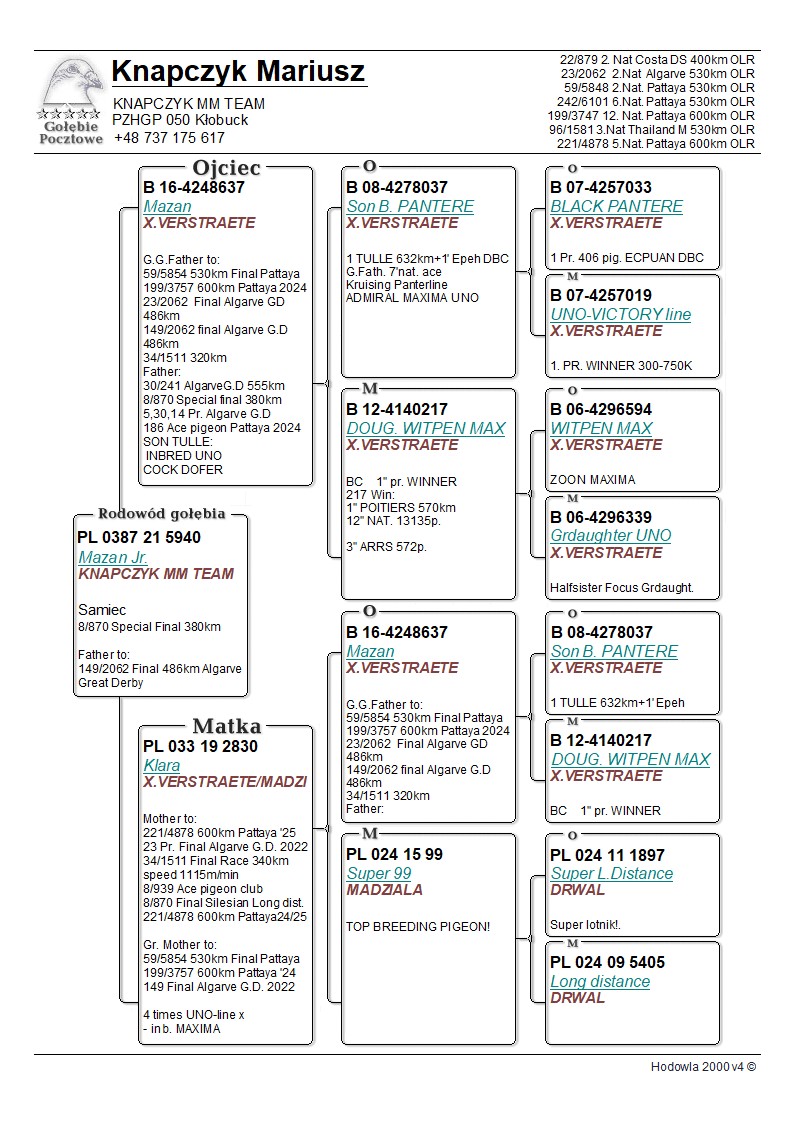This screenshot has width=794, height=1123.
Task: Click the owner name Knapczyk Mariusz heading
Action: (x=238, y=72)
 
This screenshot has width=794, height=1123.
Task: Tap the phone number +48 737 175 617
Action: (x=169, y=138)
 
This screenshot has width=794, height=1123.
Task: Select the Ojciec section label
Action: (x=226, y=168)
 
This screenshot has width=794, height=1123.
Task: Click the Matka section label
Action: (x=226, y=726)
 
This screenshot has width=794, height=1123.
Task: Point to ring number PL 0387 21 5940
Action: (x=139, y=538)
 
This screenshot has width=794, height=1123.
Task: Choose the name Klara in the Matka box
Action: (x=162, y=765)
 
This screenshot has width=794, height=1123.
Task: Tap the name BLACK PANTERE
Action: (x=616, y=206)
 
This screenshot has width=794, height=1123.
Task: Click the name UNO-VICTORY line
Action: (x=620, y=314)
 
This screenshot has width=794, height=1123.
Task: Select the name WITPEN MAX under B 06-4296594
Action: (x=601, y=428)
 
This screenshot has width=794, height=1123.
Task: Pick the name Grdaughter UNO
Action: (x=610, y=535)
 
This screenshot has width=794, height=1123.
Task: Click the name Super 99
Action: (x=371, y=873)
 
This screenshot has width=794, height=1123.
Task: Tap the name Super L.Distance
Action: (x=611, y=873)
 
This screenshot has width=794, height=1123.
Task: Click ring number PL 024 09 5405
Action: (x=608, y=963)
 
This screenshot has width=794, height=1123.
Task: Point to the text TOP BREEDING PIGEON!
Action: (x=418, y=927)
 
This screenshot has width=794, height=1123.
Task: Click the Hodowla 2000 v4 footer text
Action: (x=703, y=1067)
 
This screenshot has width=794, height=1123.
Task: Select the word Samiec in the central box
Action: (x=101, y=609)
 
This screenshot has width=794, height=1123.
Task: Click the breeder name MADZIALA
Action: (x=385, y=890)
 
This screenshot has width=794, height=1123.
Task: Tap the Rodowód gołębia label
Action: (x=160, y=514)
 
